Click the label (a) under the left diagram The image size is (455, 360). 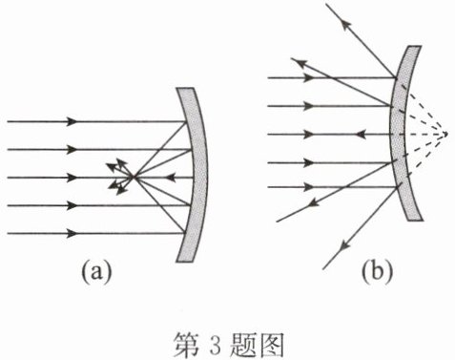(x=96, y=271)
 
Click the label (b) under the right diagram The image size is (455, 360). (x=377, y=271)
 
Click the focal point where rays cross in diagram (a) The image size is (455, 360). (x=134, y=177)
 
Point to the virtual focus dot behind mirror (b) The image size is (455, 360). (x=445, y=134)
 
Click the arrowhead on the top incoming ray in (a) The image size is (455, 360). (x=72, y=121)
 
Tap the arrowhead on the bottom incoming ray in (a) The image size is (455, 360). (x=72, y=234)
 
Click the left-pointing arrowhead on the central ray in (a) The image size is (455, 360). (x=171, y=178)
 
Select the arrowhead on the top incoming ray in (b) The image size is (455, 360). (x=308, y=77)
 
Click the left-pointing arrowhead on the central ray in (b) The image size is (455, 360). (x=360, y=135)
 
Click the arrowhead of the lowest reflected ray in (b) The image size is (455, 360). (x=343, y=245)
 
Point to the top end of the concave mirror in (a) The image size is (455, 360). (x=185, y=89)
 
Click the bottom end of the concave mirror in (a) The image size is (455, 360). (x=185, y=261)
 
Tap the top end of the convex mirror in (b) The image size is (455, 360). (x=414, y=47)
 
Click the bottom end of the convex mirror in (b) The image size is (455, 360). (x=415, y=219)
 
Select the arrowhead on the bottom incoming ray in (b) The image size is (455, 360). (x=308, y=187)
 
